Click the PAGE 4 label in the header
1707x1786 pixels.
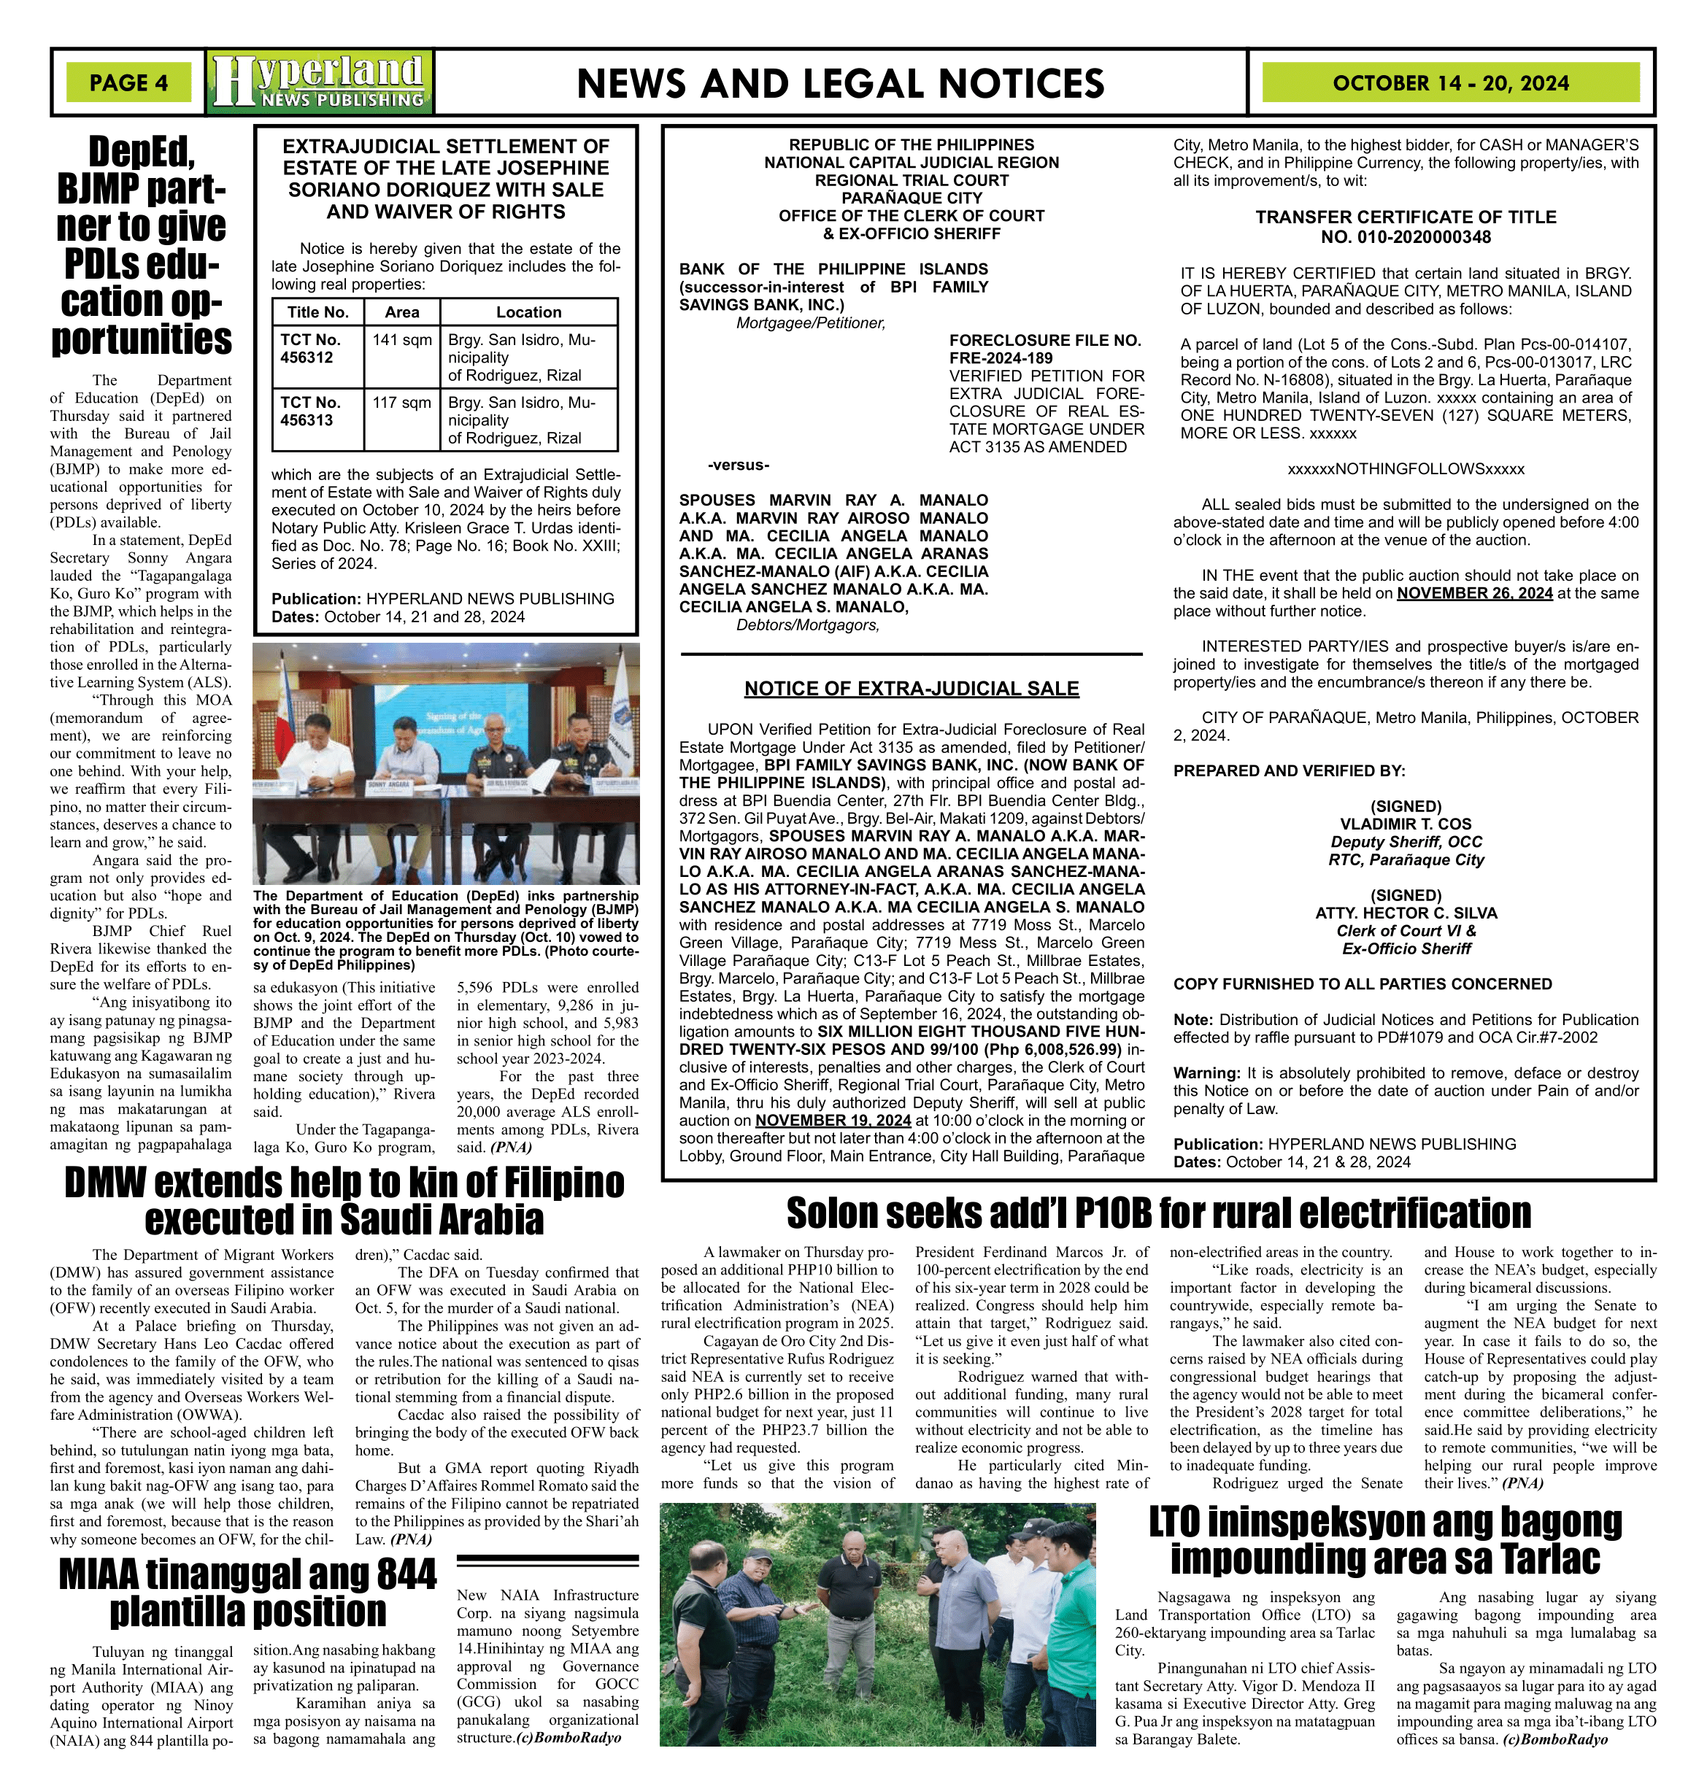point(128,82)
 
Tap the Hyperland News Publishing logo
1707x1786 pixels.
point(320,82)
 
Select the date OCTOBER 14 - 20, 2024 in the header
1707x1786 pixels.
point(1449,82)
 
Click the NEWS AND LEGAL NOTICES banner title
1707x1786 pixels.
point(840,84)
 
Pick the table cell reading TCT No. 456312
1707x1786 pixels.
point(310,349)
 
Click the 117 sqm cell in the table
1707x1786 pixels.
point(401,402)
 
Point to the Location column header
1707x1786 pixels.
point(528,312)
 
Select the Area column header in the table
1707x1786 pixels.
point(401,312)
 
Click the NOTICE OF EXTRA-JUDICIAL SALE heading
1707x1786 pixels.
point(911,689)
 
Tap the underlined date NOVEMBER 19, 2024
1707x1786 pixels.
point(833,1120)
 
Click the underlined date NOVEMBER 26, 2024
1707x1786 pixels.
point(1474,593)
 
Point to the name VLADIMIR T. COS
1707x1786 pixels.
point(1406,824)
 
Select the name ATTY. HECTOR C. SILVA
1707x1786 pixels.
point(1406,913)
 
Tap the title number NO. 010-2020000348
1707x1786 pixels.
point(1406,237)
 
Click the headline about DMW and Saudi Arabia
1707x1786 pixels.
point(344,1201)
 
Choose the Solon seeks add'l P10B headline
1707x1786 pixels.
point(1158,1214)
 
